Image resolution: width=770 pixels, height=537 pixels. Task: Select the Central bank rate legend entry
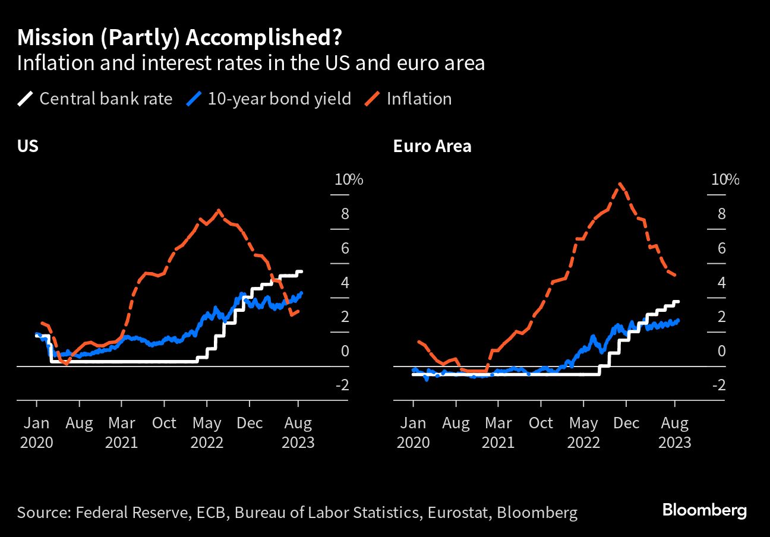pyautogui.click(x=95, y=99)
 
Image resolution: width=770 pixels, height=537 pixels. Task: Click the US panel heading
pyautogui.click(x=28, y=146)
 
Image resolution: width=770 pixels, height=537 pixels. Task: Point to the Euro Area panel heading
pyautogui.click(x=432, y=146)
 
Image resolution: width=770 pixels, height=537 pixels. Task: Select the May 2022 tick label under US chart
pyautogui.click(x=207, y=432)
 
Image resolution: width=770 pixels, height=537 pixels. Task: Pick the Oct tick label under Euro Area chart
pyautogui.click(x=541, y=423)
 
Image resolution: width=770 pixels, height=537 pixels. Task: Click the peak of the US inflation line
pyautogui.click(x=219, y=210)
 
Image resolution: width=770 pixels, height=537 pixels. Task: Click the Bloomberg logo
pyautogui.click(x=704, y=510)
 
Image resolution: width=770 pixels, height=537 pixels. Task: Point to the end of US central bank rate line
pyautogui.click(x=302, y=271)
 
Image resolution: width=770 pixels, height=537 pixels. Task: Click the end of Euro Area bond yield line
pyautogui.click(x=679, y=320)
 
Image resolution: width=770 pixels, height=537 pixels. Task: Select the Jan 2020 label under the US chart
pyautogui.click(x=36, y=432)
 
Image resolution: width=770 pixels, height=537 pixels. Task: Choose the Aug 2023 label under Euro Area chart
pyautogui.click(x=675, y=432)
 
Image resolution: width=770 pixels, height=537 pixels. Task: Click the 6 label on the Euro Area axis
pyautogui.click(x=721, y=248)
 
